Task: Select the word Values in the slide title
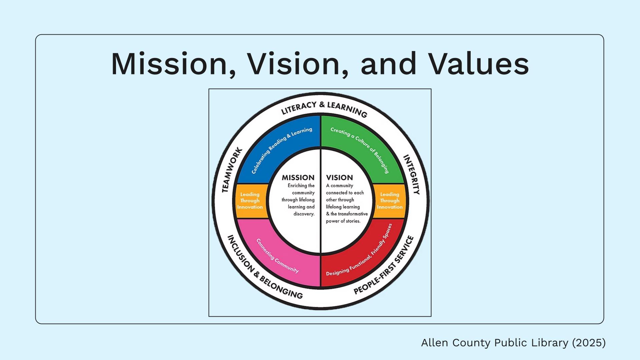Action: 479,64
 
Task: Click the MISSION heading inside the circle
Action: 298,178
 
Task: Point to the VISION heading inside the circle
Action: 339,178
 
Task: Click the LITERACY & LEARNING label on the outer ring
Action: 324,109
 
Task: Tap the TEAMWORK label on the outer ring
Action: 232,170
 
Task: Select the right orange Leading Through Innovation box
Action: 389,201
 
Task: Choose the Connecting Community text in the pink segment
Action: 277,256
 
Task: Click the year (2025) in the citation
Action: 589,343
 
